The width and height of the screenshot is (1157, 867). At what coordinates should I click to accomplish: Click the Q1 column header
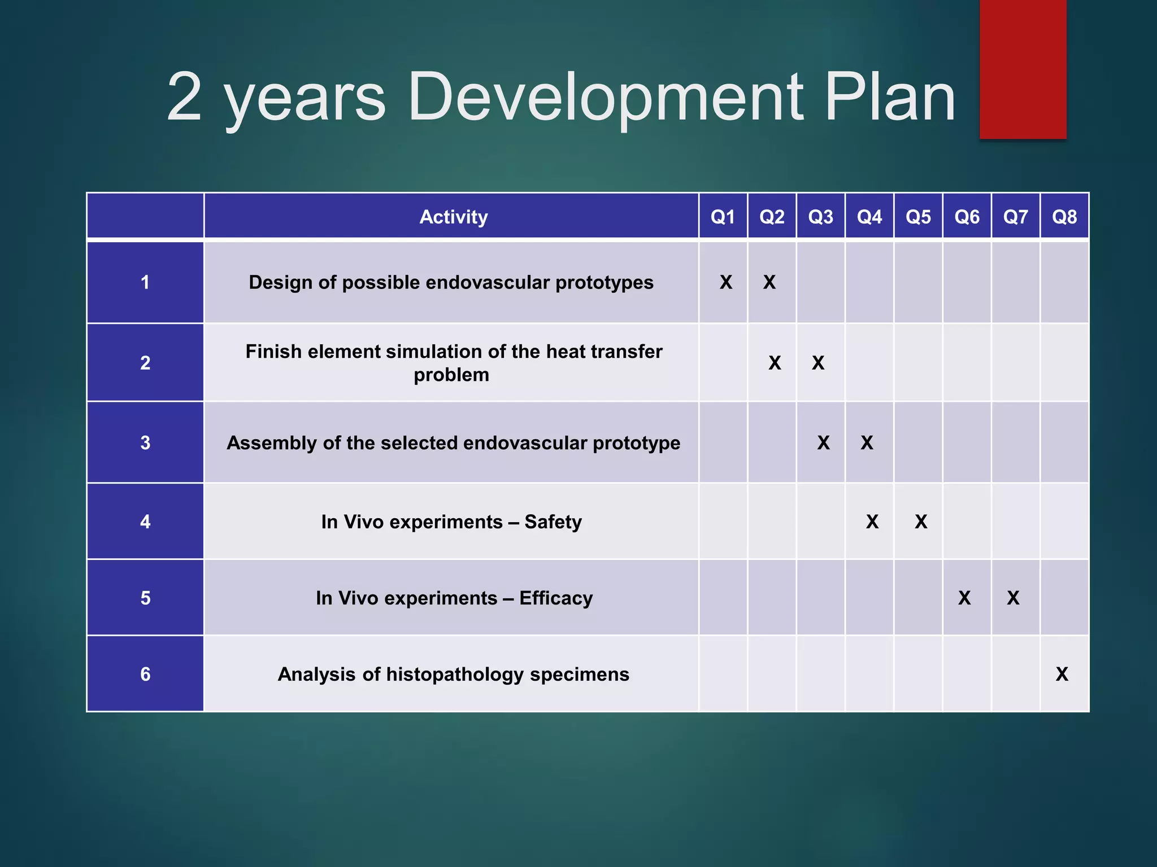[723, 217]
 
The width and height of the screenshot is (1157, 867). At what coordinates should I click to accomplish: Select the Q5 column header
[918, 217]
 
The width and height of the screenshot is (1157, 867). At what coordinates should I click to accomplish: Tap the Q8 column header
[1064, 217]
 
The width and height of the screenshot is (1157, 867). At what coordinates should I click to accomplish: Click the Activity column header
[453, 217]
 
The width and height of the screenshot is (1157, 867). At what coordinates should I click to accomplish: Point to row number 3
[145, 443]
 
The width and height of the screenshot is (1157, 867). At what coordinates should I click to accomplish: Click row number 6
[145, 674]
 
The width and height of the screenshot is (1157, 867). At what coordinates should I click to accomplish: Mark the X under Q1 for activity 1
[726, 282]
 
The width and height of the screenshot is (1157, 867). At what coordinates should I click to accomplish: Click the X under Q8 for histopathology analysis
[1062, 674]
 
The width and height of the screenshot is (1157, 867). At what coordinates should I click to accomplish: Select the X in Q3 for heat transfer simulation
[818, 363]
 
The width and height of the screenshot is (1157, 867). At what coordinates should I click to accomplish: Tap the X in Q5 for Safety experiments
[921, 522]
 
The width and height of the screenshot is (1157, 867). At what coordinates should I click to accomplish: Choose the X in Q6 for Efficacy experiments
[964, 598]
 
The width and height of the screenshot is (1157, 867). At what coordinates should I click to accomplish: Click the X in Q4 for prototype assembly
[867, 443]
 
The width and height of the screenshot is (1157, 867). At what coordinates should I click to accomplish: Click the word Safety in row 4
[553, 522]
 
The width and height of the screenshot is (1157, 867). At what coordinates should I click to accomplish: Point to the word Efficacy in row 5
[556, 598]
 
